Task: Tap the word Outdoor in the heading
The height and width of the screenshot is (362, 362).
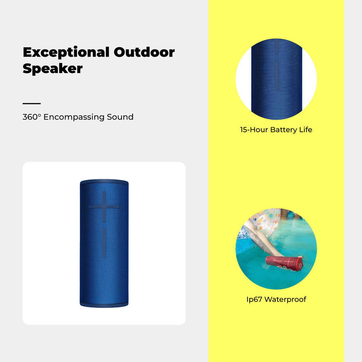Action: pyautogui.click(x=144, y=52)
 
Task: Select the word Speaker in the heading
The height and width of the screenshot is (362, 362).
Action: pyautogui.click(x=53, y=68)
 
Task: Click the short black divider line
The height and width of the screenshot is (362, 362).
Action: pyautogui.click(x=31, y=104)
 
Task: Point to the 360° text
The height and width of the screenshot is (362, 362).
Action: pyautogui.click(x=31, y=117)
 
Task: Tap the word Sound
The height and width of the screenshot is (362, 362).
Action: pyautogui.click(x=120, y=117)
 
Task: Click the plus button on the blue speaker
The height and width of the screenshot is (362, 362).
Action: pyautogui.click(x=104, y=206)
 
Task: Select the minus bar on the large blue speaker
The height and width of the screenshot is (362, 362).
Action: pyautogui.click(x=104, y=243)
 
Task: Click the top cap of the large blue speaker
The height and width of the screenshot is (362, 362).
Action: pyautogui.click(x=104, y=182)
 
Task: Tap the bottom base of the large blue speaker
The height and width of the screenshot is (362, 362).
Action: pyautogui.click(x=104, y=305)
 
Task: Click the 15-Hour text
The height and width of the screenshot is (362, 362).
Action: pyautogui.click(x=254, y=130)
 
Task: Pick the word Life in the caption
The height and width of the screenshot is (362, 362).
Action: pyautogui.click(x=306, y=129)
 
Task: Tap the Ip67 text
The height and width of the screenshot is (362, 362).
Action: pyautogui.click(x=254, y=299)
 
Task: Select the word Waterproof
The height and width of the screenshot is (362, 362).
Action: pyautogui.click(x=285, y=299)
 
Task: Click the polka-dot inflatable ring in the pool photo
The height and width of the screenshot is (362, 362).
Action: pyautogui.click(x=265, y=222)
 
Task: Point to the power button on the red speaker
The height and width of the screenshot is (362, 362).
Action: pyautogui.click(x=300, y=265)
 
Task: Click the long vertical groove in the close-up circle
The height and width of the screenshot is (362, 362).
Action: pyautogui.click(x=276, y=76)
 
